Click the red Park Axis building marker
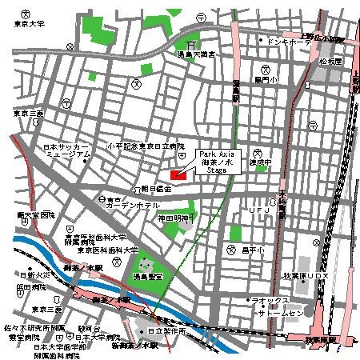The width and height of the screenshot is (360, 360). [x=178, y=174]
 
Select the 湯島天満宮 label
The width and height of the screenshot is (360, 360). [x=197, y=54]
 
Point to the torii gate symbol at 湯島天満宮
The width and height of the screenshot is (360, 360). [x=191, y=45]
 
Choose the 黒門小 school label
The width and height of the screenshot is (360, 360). [x=265, y=80]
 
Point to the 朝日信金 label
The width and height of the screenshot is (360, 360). [x=157, y=189]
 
